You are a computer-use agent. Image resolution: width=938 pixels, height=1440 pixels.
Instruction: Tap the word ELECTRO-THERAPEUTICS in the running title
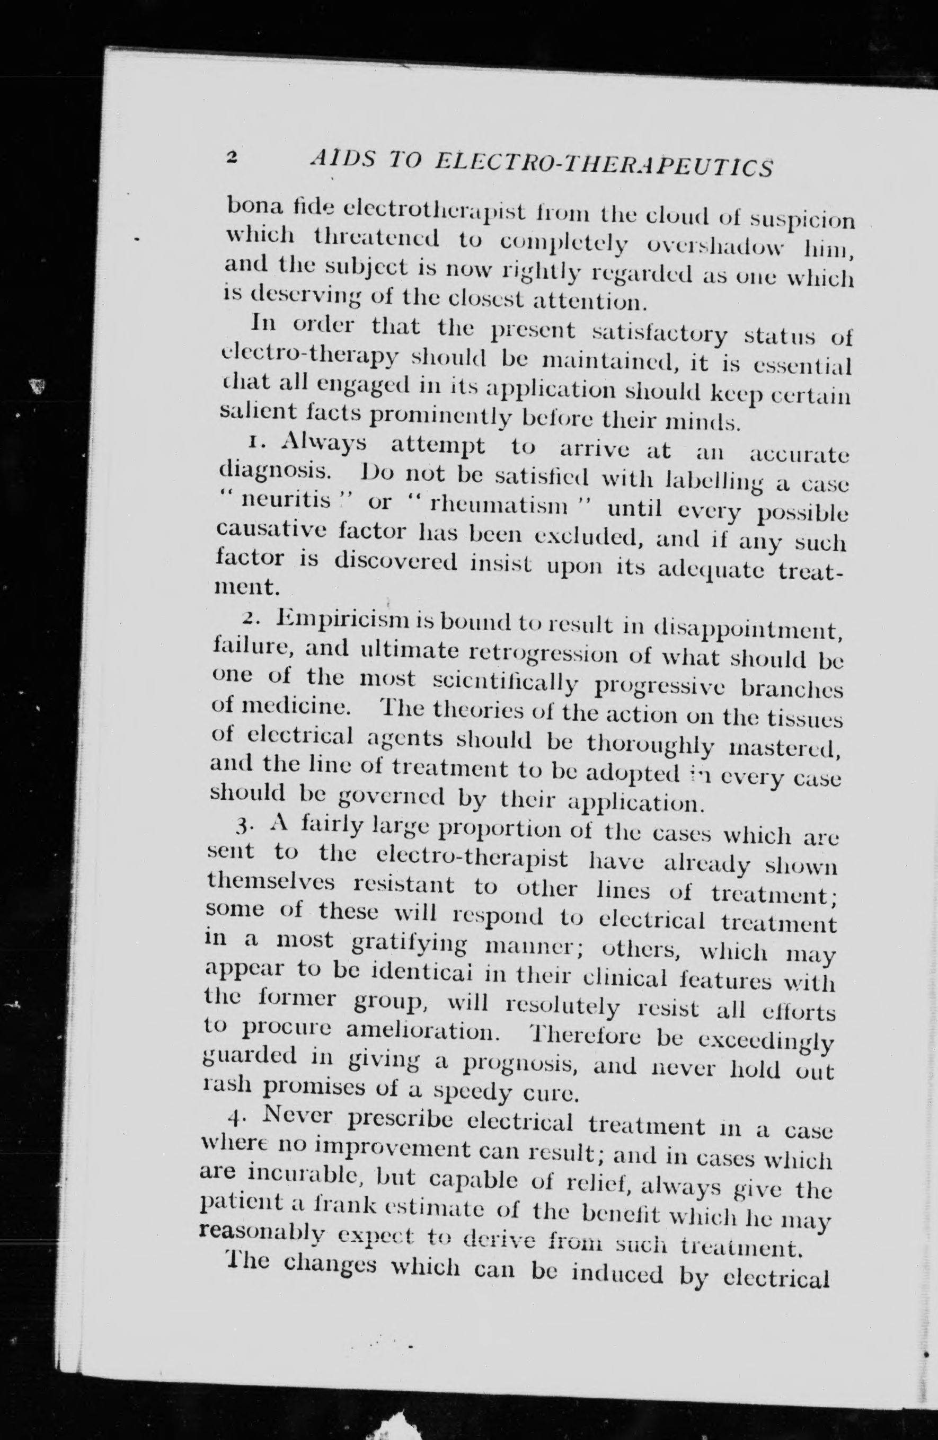pyautogui.click(x=605, y=164)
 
